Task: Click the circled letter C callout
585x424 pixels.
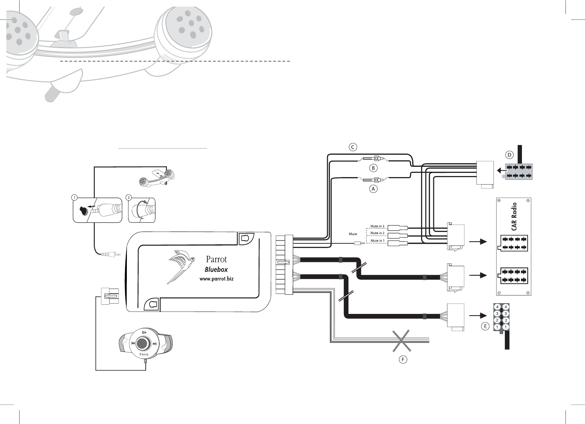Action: pyautogui.click(x=353, y=147)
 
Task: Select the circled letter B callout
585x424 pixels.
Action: pyautogui.click(x=373, y=168)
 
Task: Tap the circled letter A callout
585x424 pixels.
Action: pyautogui.click(x=373, y=189)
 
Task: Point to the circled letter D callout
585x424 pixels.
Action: pyautogui.click(x=509, y=155)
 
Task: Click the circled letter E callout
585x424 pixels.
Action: pyautogui.click(x=485, y=326)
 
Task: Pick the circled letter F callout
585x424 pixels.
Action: pyautogui.click(x=403, y=360)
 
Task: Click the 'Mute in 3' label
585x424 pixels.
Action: pyautogui.click(x=377, y=226)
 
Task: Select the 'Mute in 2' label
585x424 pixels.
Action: pyautogui.click(x=377, y=233)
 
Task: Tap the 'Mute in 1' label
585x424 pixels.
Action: pyautogui.click(x=377, y=241)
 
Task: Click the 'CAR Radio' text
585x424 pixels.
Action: pyautogui.click(x=514, y=217)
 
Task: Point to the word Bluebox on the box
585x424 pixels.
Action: pyautogui.click(x=216, y=270)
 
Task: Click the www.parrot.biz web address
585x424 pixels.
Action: pyautogui.click(x=216, y=279)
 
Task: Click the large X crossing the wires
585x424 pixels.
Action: pyautogui.click(x=402, y=341)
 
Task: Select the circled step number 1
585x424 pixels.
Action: pyautogui.click(x=74, y=197)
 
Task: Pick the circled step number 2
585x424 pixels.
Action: pyautogui.click(x=129, y=197)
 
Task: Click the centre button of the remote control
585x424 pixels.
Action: pyautogui.click(x=142, y=343)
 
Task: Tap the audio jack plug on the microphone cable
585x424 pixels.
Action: pyautogui.click(x=110, y=254)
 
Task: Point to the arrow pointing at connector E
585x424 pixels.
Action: pyautogui.click(x=478, y=315)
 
